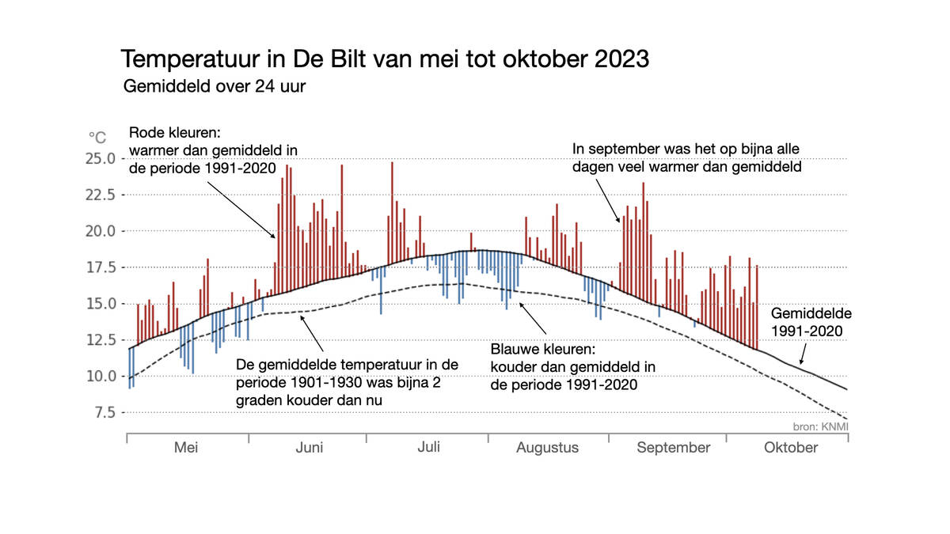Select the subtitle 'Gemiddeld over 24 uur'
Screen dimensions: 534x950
214,87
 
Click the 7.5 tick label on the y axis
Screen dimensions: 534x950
104,413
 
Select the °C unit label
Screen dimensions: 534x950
97,138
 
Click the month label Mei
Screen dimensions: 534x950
186,448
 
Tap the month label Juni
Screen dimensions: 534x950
309,448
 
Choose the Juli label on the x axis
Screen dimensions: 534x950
428,447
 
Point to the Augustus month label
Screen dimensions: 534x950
547,448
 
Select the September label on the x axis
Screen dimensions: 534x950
674,448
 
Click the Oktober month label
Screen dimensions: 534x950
791,448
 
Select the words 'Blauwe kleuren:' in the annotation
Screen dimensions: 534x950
541,349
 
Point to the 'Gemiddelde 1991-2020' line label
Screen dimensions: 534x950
806,322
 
